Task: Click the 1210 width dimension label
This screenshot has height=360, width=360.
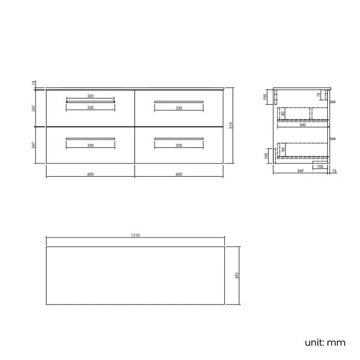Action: [135, 235]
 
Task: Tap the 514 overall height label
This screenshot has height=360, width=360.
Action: [230, 126]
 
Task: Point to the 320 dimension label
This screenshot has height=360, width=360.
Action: [90, 96]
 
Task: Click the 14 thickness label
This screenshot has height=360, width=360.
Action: [34, 84]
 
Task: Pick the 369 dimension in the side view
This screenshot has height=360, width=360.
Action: [300, 171]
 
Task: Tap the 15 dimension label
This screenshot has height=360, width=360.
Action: [334, 171]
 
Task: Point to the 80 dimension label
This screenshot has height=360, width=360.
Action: [283, 114]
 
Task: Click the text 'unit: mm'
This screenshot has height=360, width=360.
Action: [325, 342]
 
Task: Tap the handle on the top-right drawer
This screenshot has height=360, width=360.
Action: [179, 101]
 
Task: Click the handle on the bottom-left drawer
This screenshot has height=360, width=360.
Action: [90, 138]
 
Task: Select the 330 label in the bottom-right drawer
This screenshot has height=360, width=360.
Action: [179, 145]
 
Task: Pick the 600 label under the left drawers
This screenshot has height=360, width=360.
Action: [90, 174]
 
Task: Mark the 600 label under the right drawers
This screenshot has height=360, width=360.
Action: [179, 174]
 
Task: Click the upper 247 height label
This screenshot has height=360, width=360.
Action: [34, 107]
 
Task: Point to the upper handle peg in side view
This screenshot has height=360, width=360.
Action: [336, 102]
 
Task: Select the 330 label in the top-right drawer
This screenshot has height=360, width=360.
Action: [179, 108]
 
